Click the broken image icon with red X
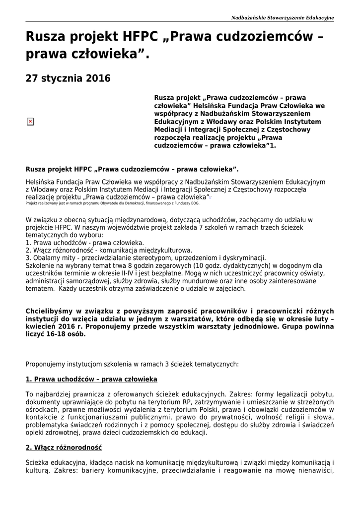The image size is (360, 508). click(30, 122)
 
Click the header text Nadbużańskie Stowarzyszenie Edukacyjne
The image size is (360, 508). click(283, 18)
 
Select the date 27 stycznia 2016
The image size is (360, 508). click(68, 78)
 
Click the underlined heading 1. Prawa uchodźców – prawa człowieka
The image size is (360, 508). click(91, 379)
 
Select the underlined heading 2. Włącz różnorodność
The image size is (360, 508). click(64, 447)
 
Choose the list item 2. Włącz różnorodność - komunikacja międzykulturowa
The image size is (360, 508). click(109, 251)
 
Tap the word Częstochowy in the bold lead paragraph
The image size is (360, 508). click(288, 130)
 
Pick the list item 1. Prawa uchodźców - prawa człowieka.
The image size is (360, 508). click(85, 243)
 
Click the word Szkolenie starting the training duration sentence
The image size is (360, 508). click(41, 265)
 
